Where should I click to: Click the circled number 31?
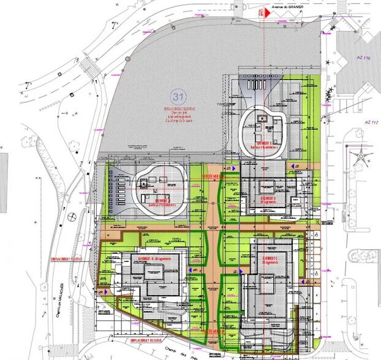click(179, 96)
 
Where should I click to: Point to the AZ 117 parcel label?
click(369, 122)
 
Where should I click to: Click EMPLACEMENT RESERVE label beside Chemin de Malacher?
click(75, 258)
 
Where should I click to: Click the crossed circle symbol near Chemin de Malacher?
click(72, 216)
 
